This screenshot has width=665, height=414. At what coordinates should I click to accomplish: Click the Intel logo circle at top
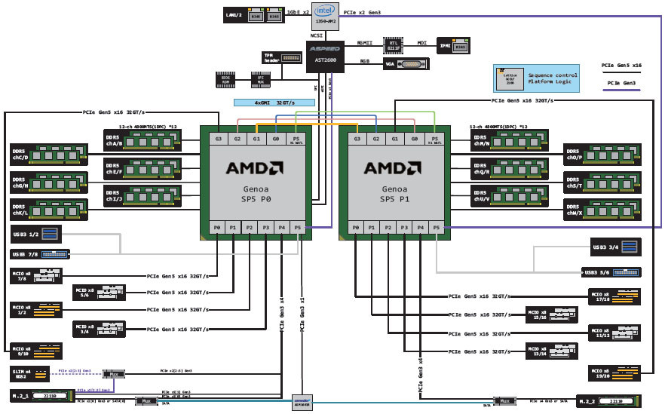pos(325,11)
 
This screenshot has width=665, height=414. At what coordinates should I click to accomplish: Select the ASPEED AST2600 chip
pos(325,56)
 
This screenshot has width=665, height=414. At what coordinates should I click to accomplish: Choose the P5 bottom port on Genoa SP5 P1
pos(437,228)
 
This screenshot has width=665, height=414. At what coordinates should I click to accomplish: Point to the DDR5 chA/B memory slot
pos(147,139)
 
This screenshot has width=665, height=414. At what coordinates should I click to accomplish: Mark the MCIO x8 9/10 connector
pos(35,350)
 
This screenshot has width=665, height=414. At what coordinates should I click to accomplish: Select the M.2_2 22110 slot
pos(608,400)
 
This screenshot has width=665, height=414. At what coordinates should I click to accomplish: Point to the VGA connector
pos(407,65)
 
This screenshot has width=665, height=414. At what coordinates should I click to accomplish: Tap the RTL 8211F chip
pos(393,44)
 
